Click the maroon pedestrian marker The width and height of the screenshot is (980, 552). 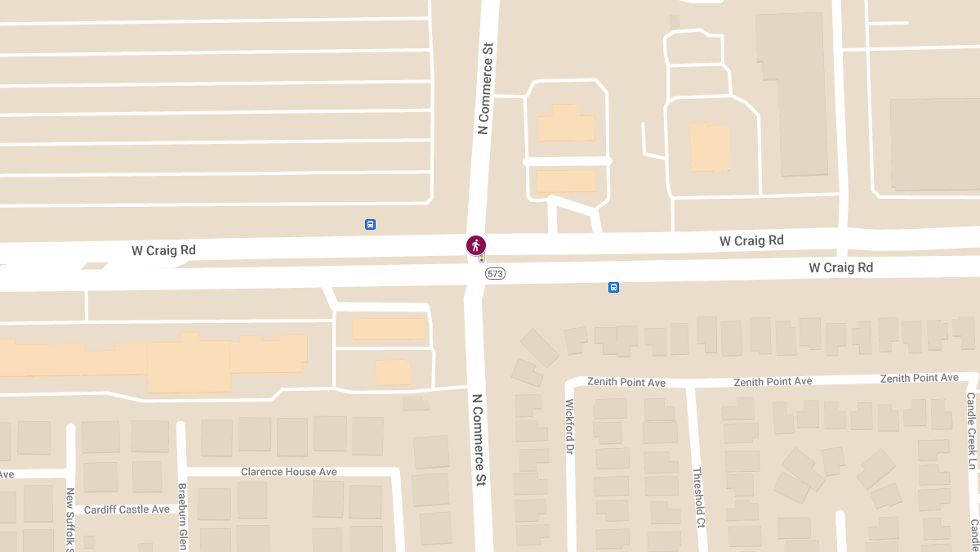[476, 245]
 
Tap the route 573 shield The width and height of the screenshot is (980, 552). [495, 274]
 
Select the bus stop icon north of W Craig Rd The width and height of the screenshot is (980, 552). [370, 224]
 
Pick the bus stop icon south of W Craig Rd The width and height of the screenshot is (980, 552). [613, 287]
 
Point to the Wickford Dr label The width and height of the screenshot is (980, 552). [570, 426]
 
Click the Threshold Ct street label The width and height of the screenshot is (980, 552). [697, 497]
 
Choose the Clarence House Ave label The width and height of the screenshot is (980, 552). [288, 472]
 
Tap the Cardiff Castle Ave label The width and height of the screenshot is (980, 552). [127, 509]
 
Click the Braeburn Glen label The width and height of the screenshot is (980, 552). [182, 515]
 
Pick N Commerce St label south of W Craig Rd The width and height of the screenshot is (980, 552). [479, 440]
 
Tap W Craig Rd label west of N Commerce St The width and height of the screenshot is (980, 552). [163, 250]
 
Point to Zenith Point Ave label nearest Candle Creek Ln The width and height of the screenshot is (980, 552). [919, 378]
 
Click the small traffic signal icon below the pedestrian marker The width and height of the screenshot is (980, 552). [482, 258]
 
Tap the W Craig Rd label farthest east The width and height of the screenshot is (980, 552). [840, 267]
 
